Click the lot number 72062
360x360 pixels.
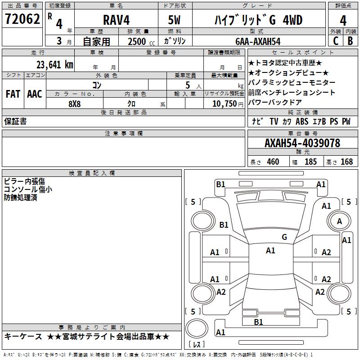click(x=22, y=19)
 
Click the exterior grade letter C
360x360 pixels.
click(x=335, y=41)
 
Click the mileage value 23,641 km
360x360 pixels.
click(x=54, y=64)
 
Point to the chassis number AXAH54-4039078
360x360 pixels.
click(x=302, y=143)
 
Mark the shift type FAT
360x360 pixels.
click(x=13, y=94)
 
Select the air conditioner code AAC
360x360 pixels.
click(x=35, y=94)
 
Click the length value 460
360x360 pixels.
click(x=273, y=162)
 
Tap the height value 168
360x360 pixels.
click(x=346, y=162)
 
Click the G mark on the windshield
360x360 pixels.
click(x=284, y=237)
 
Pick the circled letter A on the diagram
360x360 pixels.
click(x=339, y=221)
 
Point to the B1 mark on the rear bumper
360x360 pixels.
click(x=258, y=322)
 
